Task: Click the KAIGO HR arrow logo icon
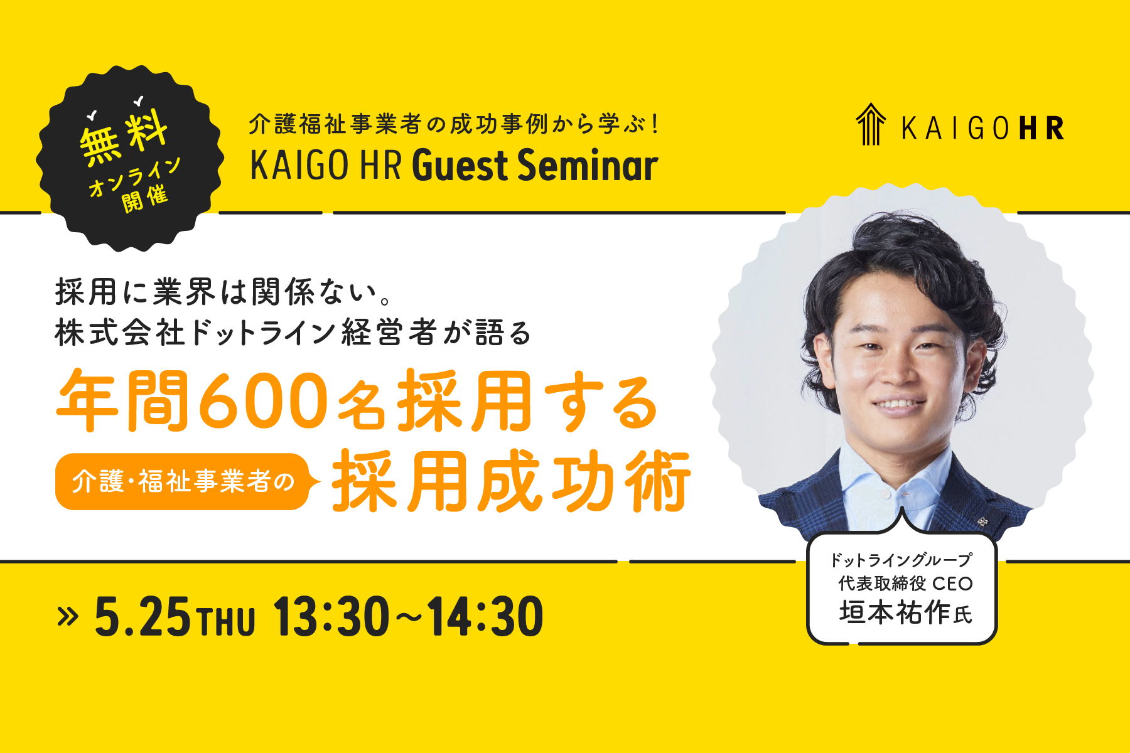[871, 124]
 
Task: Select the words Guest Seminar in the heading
[535, 166]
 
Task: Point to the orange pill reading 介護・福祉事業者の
[183, 481]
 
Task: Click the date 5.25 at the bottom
[142, 617]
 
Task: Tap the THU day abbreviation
[227, 621]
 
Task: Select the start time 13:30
[331, 617]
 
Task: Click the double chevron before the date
[67, 617]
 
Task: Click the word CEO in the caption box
[952, 584]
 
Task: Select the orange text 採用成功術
[511, 481]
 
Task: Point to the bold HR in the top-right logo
[1041, 128]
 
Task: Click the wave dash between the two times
[408, 617]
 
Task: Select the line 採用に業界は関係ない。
[223, 292]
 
